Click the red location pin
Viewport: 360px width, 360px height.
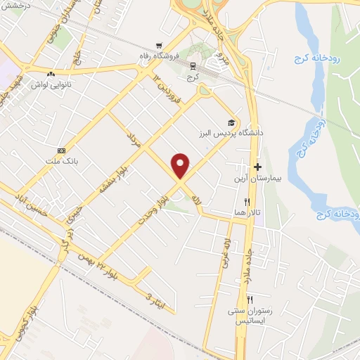click(181, 165)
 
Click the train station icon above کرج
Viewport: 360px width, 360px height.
click(192, 65)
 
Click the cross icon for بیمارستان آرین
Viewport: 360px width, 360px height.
click(258, 167)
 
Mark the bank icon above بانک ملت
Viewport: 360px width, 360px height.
click(62, 150)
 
